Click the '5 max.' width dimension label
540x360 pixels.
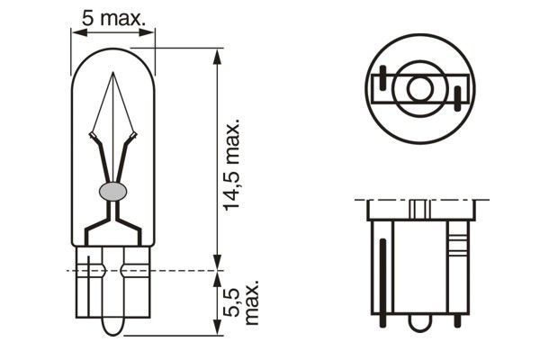114,15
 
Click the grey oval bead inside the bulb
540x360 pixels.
112,191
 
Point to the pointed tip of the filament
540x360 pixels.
112,75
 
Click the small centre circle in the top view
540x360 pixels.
418,89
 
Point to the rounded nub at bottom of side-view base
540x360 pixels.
419,320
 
